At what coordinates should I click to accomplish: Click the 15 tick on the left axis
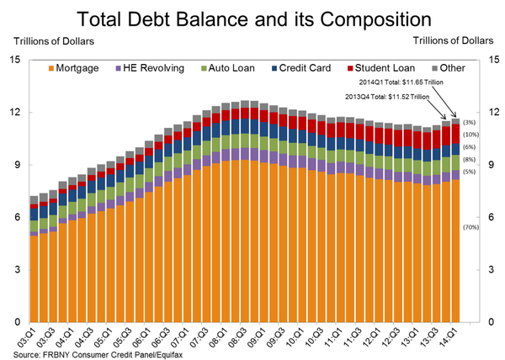pos(14,60)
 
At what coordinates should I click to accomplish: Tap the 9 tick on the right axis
pos(489,165)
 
